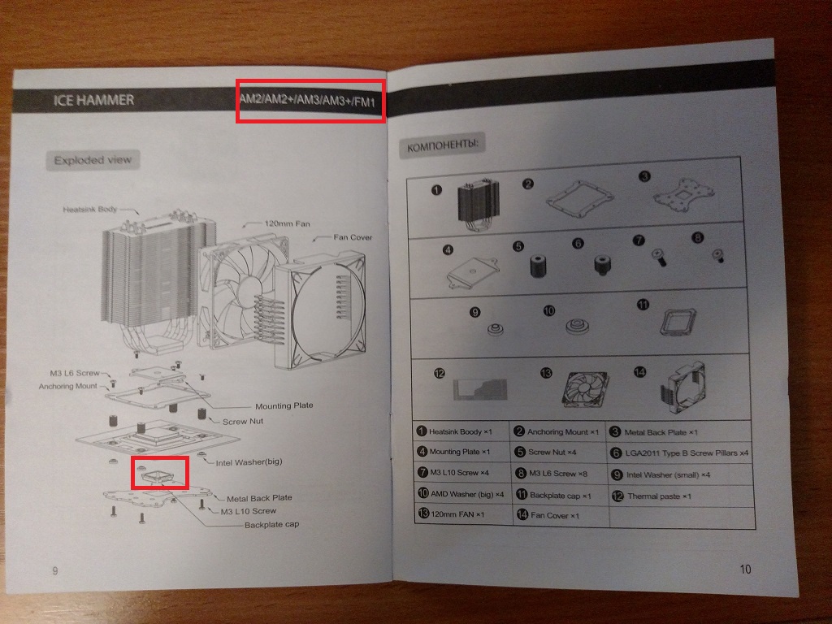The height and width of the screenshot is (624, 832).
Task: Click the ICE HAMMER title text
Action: (x=93, y=100)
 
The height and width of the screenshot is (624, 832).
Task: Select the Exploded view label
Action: (x=93, y=160)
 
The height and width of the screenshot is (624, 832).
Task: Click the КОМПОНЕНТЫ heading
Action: (x=442, y=145)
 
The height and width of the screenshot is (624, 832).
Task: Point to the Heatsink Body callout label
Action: (x=89, y=209)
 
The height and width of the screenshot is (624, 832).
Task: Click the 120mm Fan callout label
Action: (x=287, y=223)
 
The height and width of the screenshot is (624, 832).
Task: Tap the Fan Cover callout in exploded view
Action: (x=353, y=237)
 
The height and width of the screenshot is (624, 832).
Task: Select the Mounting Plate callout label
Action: (x=284, y=406)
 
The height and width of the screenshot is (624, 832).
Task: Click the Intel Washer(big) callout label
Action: (x=249, y=462)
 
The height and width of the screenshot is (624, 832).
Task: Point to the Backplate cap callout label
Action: (x=271, y=525)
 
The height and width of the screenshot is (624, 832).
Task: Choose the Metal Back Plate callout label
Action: (x=259, y=498)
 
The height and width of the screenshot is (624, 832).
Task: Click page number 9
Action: (x=55, y=571)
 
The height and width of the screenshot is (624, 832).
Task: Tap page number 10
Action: (x=746, y=570)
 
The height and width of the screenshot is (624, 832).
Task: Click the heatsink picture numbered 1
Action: (x=478, y=204)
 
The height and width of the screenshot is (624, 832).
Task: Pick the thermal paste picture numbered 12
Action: (x=480, y=389)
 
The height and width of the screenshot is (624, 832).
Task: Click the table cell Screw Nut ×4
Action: (x=552, y=452)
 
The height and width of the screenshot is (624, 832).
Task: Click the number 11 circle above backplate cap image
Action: (x=643, y=305)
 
